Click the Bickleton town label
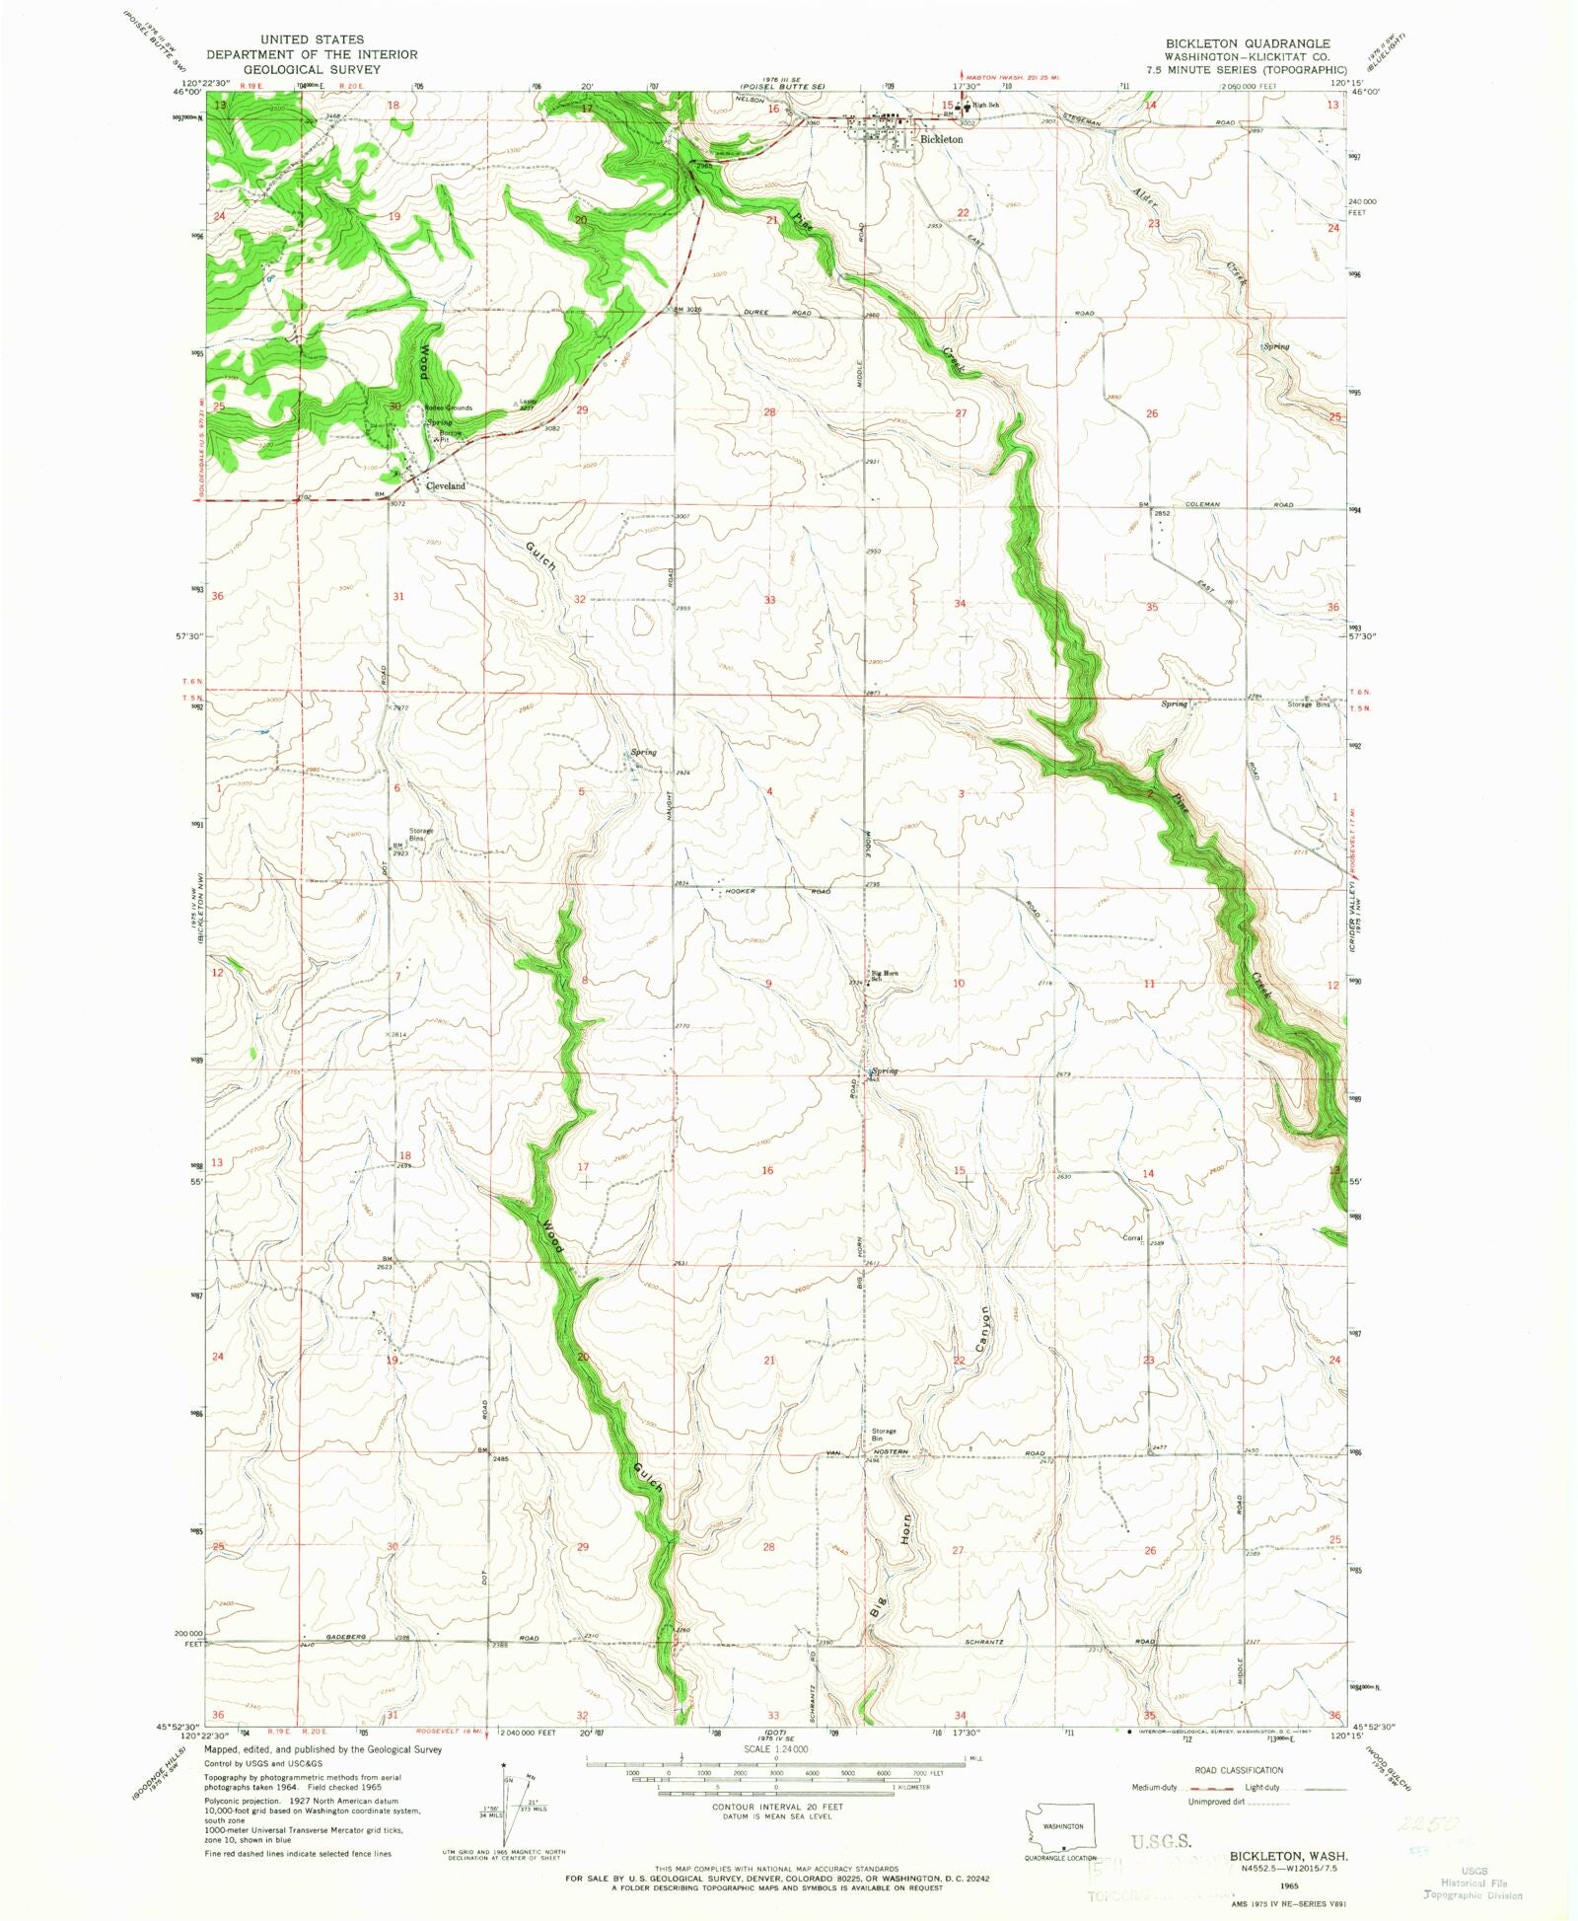tap(941, 140)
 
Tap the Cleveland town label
tap(445, 486)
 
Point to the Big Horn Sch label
tap(884, 976)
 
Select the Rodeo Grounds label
tap(449, 407)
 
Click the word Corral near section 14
tap(1131, 1238)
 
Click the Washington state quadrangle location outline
tap(1056, 1828)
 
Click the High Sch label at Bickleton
tap(986, 106)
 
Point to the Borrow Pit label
tap(450, 436)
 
